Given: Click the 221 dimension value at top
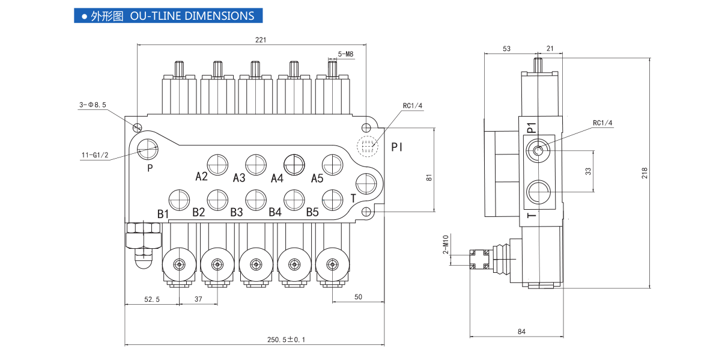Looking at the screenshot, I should point(260,40).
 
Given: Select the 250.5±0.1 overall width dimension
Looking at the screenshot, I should point(287,340).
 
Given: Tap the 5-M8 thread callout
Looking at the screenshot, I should point(345,54).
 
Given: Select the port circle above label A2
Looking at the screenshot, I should point(217,163).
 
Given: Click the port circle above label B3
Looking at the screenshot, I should point(256,199).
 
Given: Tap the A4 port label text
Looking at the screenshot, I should point(277,178).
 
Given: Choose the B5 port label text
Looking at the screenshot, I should point(312,212).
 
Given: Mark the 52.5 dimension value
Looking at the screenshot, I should point(151,299).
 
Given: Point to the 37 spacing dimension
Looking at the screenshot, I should point(198,299).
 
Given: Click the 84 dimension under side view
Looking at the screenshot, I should point(521,331).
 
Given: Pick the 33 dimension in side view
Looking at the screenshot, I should point(589,171).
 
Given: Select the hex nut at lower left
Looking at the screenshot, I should point(143,236).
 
